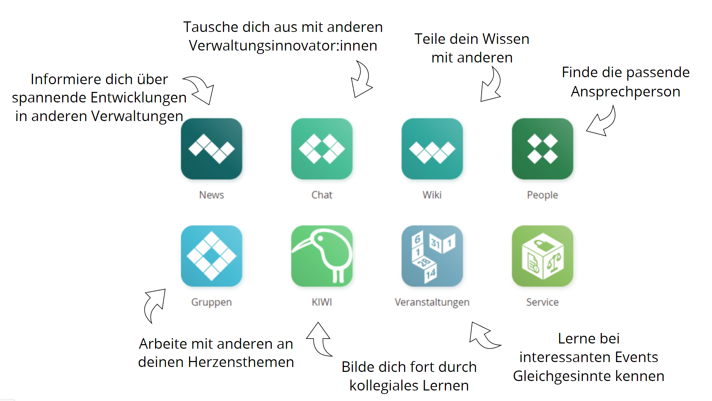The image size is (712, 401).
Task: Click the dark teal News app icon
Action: click(x=211, y=149)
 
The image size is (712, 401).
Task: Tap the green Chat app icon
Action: click(x=322, y=149)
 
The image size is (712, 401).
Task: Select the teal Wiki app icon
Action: click(x=432, y=149)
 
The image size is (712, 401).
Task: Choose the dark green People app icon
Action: click(x=542, y=149)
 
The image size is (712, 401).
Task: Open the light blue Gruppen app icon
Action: click(x=211, y=256)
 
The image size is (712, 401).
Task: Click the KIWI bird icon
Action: click(x=322, y=256)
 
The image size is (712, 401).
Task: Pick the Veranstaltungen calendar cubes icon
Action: click(x=432, y=256)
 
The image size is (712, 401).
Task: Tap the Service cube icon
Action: click(x=542, y=256)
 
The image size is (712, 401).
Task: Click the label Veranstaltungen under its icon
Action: click(x=432, y=302)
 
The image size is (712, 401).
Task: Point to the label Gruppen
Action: click(x=211, y=302)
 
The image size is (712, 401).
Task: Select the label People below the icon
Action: click(x=542, y=195)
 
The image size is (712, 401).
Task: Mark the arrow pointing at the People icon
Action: click(x=601, y=122)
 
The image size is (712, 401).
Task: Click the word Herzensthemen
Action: click(x=241, y=362)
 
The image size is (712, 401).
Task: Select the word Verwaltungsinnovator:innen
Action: click(x=283, y=46)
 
